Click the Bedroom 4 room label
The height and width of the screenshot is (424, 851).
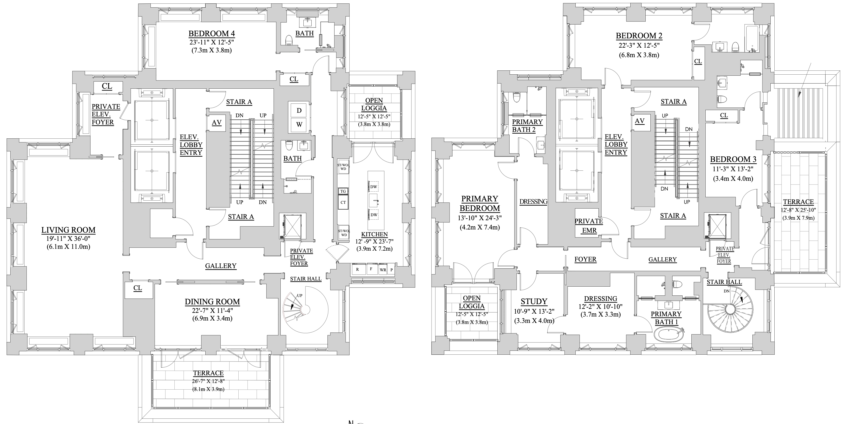click(212, 33)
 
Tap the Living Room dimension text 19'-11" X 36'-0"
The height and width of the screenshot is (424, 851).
click(68, 238)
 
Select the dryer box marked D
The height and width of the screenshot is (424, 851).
click(299, 110)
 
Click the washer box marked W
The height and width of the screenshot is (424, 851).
click(299, 125)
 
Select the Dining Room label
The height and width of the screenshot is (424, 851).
click(212, 302)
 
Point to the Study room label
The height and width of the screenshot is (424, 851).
click(534, 301)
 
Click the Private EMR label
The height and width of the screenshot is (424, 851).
click(589, 225)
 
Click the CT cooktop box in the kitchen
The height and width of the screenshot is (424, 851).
click(343, 202)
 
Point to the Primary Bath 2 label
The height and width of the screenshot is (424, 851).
click(527, 126)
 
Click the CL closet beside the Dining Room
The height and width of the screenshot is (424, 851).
click(138, 288)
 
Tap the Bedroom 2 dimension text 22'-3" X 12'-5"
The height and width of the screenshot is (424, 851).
click(639, 45)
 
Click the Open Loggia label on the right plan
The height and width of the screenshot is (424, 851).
click(471, 302)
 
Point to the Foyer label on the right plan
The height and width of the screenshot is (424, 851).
click(585, 259)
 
